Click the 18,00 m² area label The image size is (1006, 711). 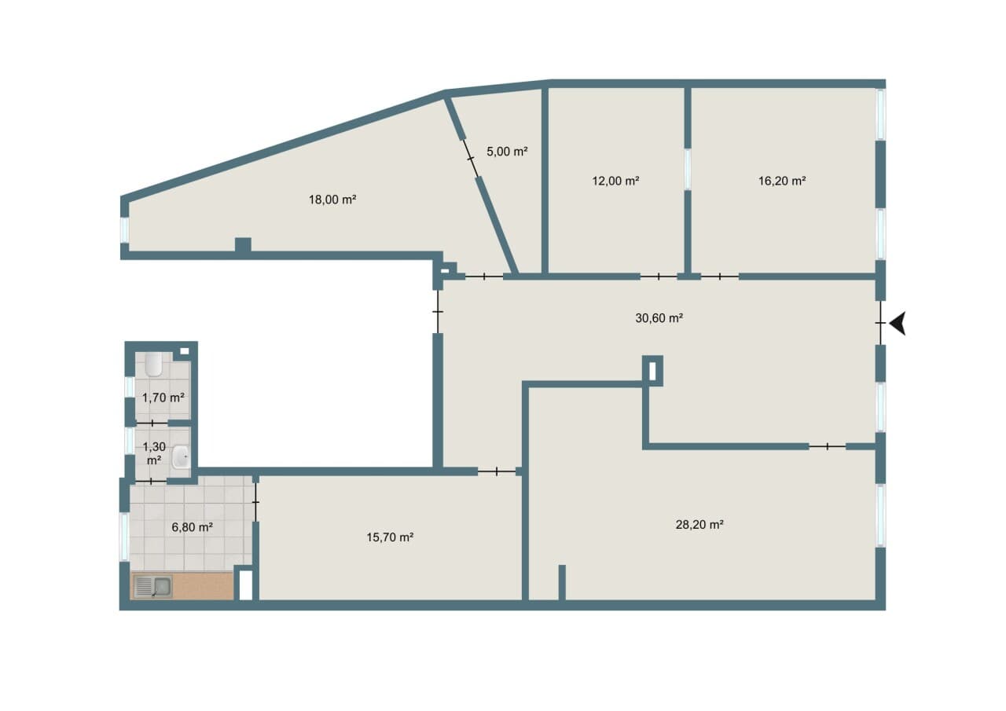[332, 200]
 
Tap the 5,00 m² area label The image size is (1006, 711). [507, 152]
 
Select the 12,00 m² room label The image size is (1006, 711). [615, 181]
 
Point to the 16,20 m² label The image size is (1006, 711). [782, 181]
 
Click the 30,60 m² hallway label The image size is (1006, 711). [659, 318]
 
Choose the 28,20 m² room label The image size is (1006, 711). [699, 524]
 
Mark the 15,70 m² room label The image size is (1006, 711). [390, 537]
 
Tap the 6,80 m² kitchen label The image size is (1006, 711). [193, 527]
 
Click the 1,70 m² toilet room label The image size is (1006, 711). [163, 398]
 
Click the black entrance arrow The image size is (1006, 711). [898, 323]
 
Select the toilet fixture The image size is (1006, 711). [153, 365]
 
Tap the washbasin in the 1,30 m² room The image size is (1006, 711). [182, 457]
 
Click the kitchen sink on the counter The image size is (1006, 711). [153, 587]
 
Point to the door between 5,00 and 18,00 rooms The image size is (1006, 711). [470, 159]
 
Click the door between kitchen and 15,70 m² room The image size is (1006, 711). [255, 502]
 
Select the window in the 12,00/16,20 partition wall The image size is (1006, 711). [687, 169]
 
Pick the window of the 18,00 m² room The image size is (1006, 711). [124, 230]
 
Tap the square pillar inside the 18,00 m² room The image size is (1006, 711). [243, 244]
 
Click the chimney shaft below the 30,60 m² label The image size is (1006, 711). [652, 371]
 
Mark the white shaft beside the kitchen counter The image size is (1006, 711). [246, 585]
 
